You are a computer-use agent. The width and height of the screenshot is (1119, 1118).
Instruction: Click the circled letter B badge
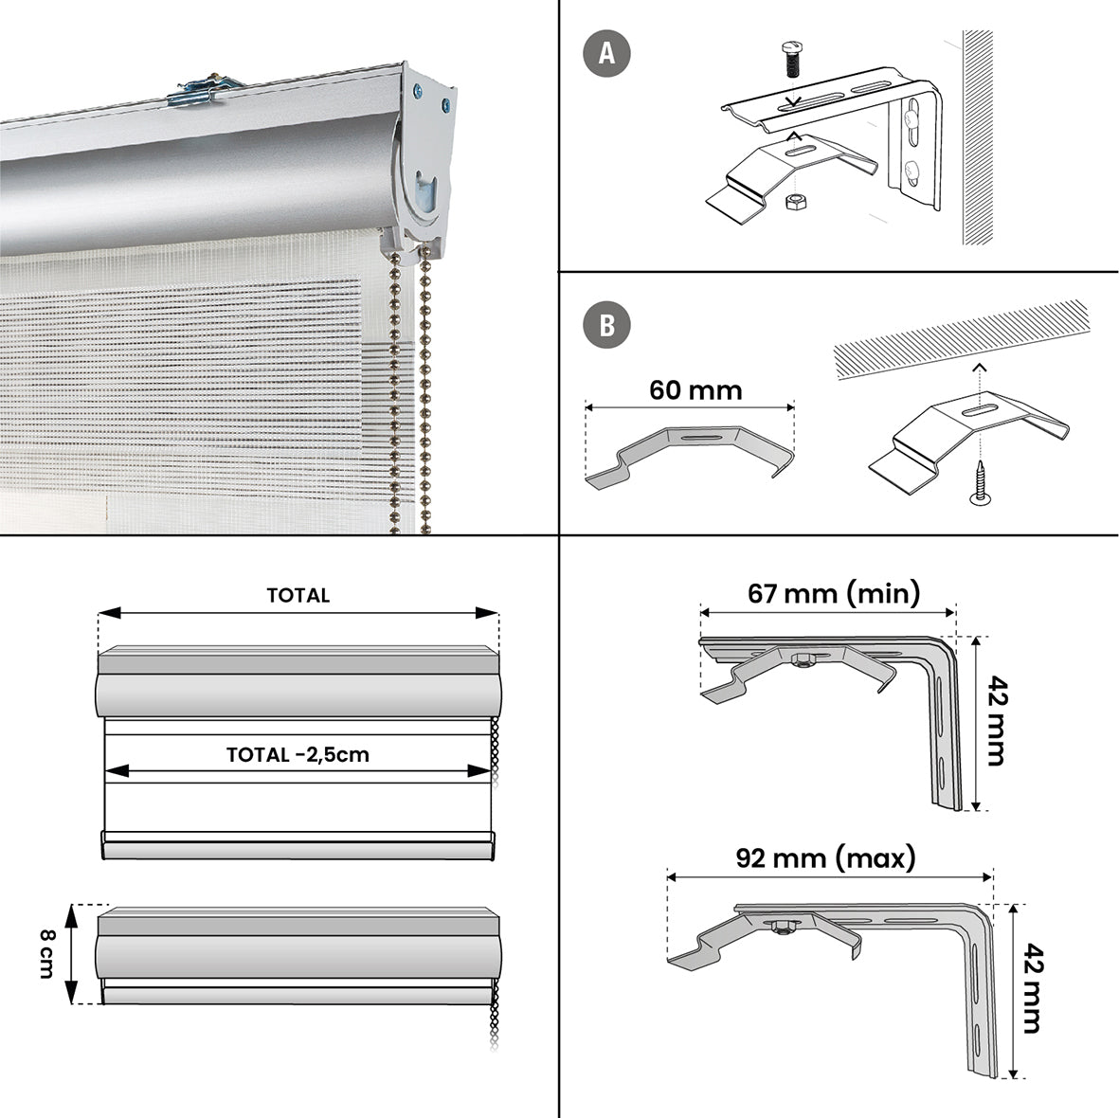click(x=607, y=325)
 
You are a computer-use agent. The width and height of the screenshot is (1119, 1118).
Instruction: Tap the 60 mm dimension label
click(x=695, y=390)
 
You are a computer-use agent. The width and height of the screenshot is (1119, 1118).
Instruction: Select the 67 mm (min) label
click(x=834, y=593)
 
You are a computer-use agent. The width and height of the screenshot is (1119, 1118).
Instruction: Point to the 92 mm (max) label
click(x=825, y=858)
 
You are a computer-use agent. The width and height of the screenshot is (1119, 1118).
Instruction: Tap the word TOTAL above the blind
click(x=298, y=595)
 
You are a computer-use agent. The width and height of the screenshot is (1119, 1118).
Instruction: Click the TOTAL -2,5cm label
click(x=298, y=754)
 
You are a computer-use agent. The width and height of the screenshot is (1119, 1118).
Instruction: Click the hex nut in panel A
click(x=797, y=202)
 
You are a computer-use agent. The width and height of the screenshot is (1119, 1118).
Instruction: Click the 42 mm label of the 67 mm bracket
click(x=995, y=720)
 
